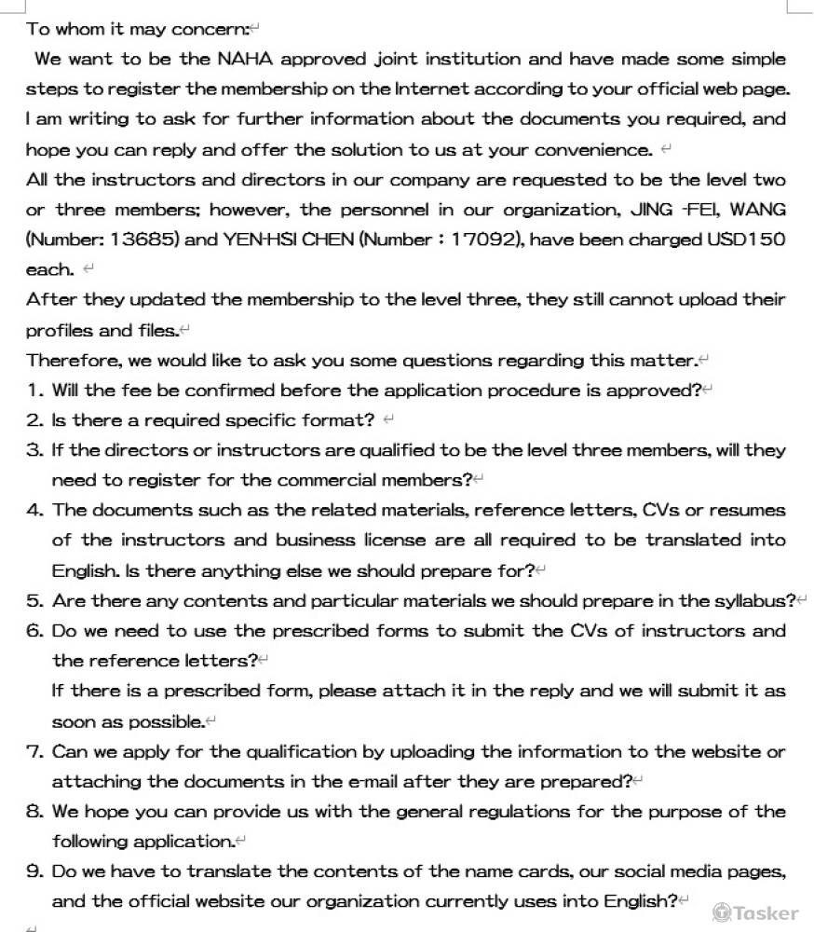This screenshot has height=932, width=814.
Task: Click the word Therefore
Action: tap(71, 361)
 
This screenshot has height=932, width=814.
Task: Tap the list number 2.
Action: tap(34, 420)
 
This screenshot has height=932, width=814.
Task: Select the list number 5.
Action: tap(34, 601)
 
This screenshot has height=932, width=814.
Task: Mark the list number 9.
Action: tap(34, 872)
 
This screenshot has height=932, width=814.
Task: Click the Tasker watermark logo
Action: tap(755, 912)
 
